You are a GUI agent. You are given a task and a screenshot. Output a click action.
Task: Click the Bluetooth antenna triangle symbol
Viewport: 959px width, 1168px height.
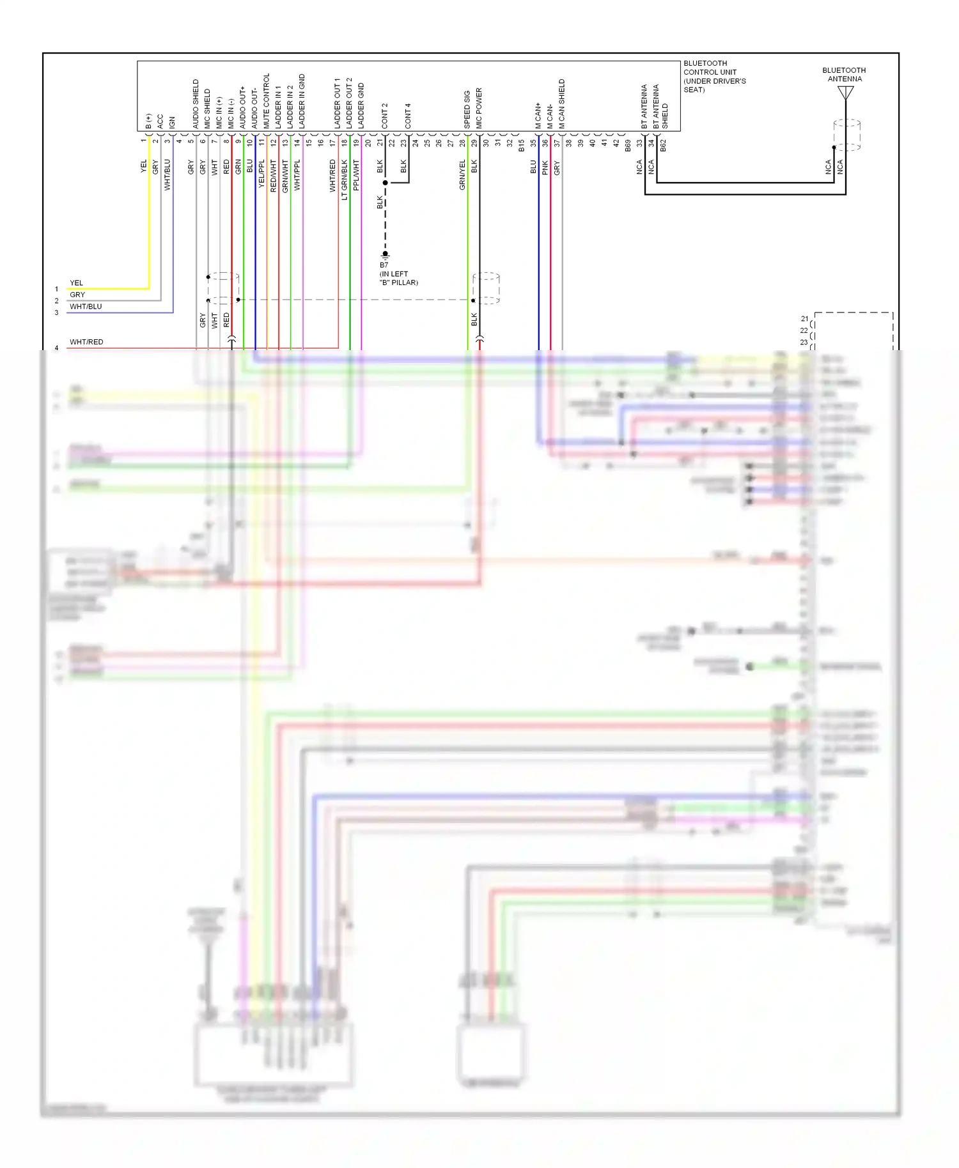click(845, 93)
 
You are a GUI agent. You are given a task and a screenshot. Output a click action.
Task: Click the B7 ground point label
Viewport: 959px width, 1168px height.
click(384, 265)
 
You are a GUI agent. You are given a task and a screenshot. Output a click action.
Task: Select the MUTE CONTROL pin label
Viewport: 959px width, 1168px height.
click(267, 101)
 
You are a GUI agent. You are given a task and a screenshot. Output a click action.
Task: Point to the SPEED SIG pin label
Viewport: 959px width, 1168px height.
click(467, 109)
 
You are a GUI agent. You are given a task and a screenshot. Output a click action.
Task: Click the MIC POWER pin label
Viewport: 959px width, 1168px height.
click(479, 108)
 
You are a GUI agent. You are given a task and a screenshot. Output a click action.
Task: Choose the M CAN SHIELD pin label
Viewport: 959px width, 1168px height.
click(562, 104)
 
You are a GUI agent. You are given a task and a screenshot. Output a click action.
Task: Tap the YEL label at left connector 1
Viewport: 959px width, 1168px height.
click(76, 283)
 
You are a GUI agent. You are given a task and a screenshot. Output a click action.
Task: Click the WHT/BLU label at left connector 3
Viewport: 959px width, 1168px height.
click(86, 307)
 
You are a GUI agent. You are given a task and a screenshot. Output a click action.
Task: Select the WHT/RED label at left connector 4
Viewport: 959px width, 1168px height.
click(86, 342)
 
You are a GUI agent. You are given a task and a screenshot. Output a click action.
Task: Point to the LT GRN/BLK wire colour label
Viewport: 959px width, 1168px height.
click(345, 180)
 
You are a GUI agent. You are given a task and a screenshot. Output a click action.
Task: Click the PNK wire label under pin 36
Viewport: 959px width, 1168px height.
click(545, 167)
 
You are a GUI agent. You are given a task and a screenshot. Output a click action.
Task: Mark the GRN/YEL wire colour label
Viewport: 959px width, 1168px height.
click(462, 174)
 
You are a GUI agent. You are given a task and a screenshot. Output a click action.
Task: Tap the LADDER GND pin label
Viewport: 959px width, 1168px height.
click(361, 105)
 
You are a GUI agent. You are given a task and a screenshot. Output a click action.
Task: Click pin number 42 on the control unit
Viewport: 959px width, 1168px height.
click(616, 143)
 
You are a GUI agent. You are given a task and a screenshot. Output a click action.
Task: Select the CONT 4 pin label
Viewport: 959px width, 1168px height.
click(408, 116)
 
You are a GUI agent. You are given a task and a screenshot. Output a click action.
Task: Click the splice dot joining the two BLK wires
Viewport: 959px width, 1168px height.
click(386, 183)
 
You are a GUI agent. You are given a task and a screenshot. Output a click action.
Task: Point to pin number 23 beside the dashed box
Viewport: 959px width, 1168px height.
click(804, 342)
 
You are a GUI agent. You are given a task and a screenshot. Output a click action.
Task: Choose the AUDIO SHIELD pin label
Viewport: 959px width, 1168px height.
click(196, 104)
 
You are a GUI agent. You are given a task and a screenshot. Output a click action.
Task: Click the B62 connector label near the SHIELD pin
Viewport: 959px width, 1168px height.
click(663, 146)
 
